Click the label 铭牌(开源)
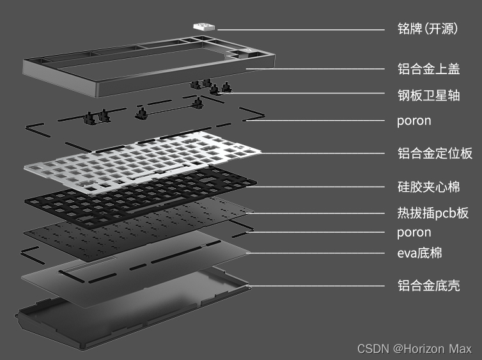pos(428,29)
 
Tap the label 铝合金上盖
pos(428,68)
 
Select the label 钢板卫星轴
pos(428,95)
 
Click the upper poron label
pos(414,121)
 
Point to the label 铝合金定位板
pos(435,153)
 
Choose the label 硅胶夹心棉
pos(428,187)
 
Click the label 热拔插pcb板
pos(433,213)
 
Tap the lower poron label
pos(414,233)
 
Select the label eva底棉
pos(419,253)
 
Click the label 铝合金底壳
pos(428,285)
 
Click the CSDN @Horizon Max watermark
pos(414,349)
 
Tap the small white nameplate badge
pos(204,27)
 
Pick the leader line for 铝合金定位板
pos(323,153)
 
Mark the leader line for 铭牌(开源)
pos(301,30)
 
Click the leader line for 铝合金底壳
pos(316,286)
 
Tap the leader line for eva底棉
pos(316,253)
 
